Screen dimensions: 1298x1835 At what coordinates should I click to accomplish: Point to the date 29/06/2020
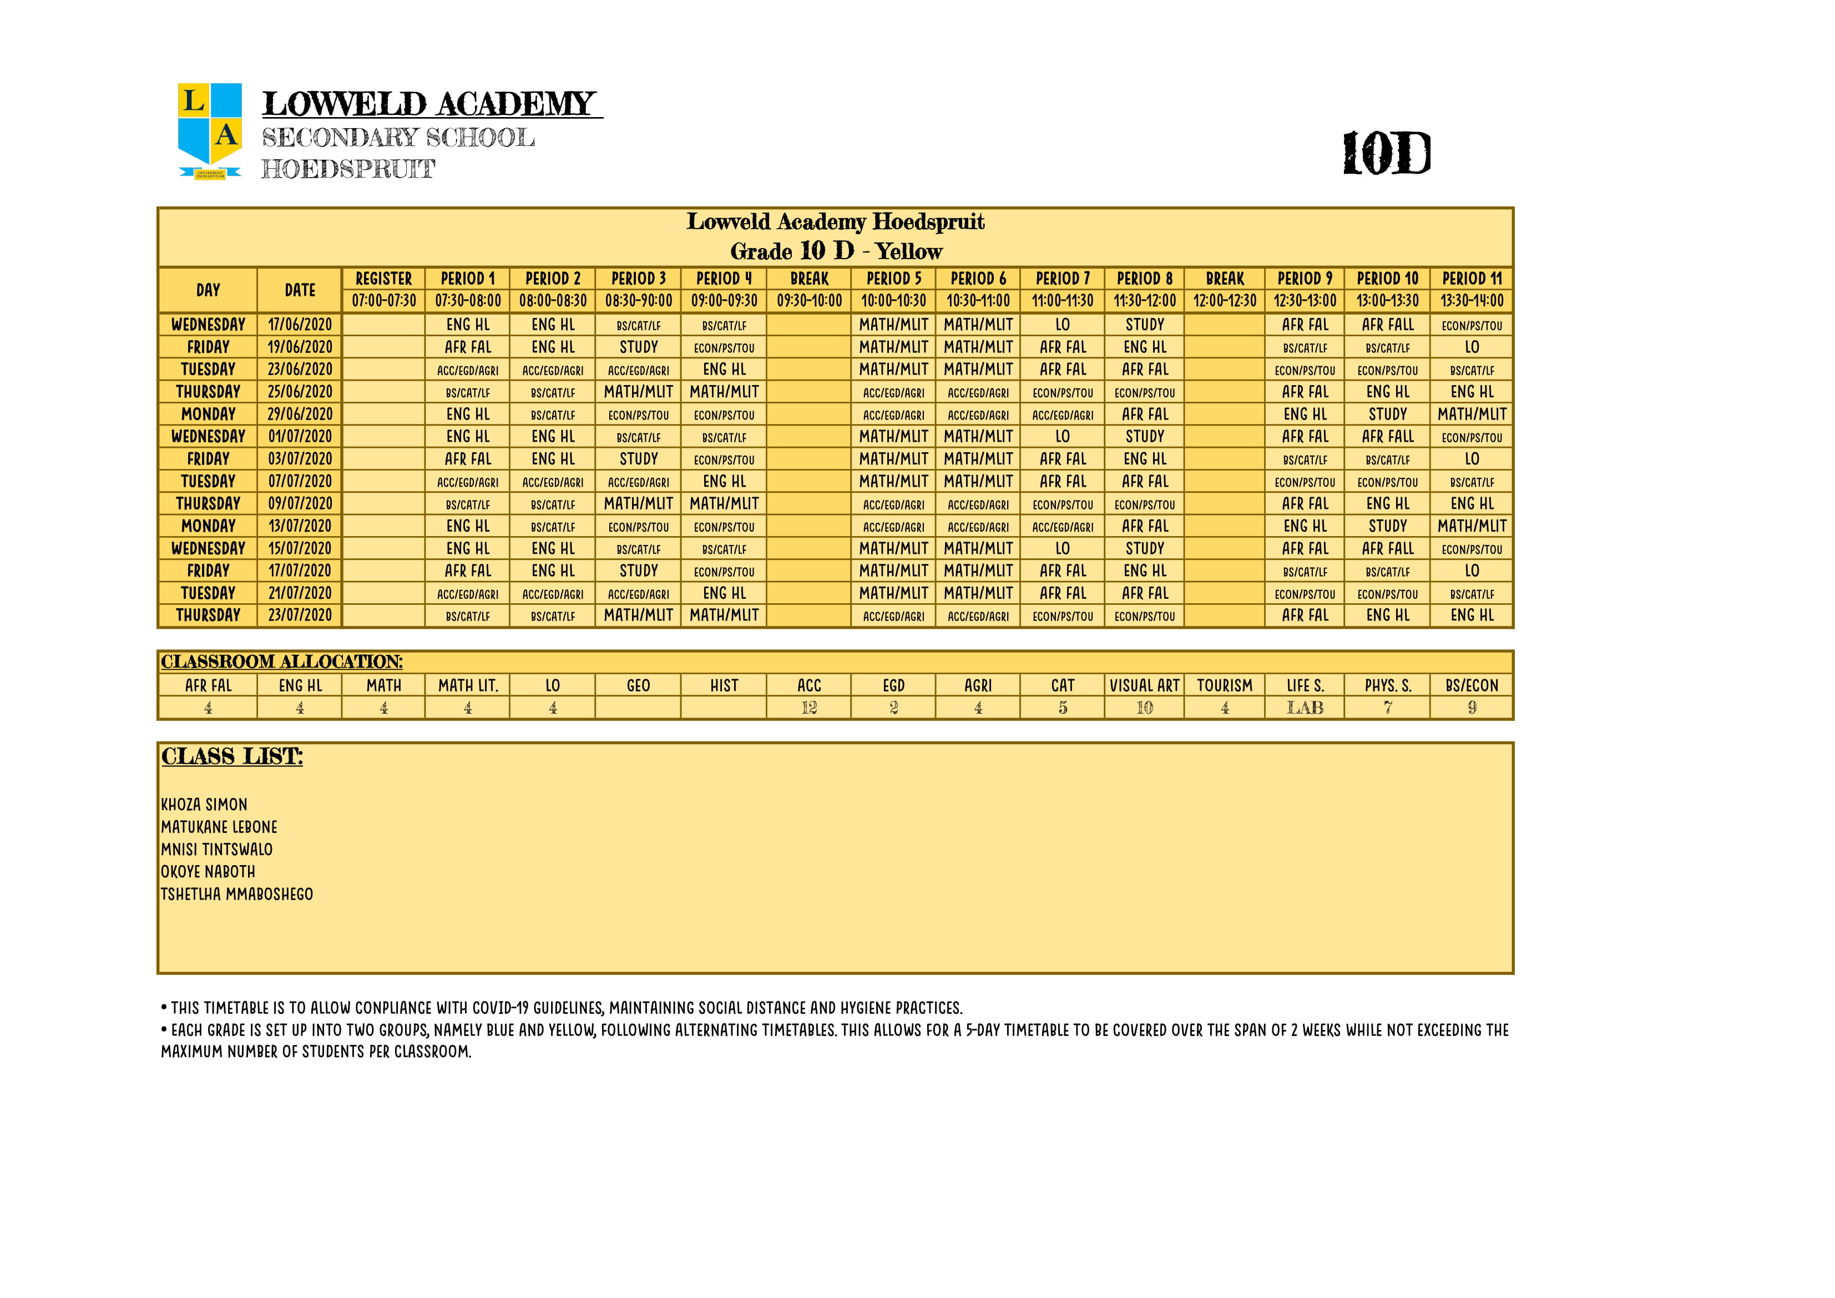pyautogui.click(x=300, y=414)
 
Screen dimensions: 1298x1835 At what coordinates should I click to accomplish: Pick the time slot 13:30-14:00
pyautogui.click(x=1472, y=301)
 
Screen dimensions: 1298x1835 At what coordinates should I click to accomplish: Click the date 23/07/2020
pyautogui.click(x=300, y=615)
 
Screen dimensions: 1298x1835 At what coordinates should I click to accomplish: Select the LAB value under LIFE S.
pyautogui.click(x=1305, y=708)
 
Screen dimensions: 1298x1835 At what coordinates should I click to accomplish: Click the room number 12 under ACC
pyautogui.click(x=809, y=708)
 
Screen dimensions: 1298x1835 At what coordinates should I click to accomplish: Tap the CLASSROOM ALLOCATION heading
pyautogui.click(x=281, y=662)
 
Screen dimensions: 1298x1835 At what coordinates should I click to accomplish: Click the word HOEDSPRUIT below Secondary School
pyautogui.click(x=348, y=169)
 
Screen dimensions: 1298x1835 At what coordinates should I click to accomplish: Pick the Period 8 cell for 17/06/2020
pyautogui.click(x=1145, y=325)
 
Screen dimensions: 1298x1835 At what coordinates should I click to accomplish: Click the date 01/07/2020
pyautogui.click(x=300, y=436)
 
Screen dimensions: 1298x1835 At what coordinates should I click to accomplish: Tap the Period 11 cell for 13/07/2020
pyautogui.click(x=1472, y=526)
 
